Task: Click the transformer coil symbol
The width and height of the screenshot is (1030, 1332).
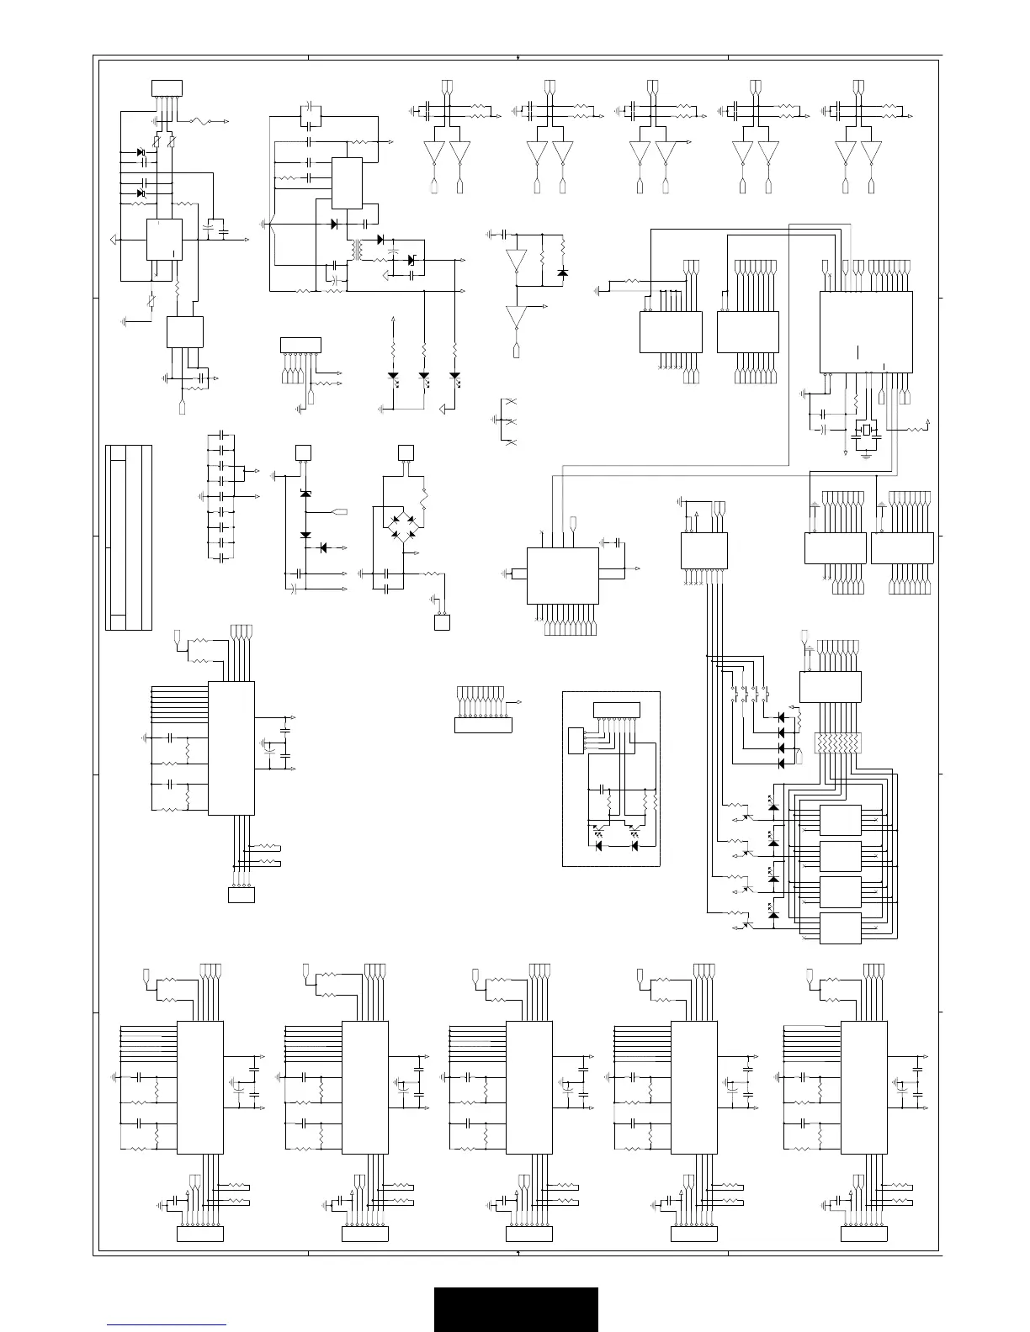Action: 357,249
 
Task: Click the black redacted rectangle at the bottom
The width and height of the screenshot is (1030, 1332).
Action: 516,1309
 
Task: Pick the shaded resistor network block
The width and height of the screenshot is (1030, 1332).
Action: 837,743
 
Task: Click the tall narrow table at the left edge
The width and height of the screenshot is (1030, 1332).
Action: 129,537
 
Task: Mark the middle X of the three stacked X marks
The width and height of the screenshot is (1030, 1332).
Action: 509,421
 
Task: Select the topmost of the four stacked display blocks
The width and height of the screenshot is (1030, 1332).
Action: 840,821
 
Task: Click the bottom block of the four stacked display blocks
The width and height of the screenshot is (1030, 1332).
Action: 840,928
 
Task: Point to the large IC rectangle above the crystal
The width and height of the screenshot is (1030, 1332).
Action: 866,331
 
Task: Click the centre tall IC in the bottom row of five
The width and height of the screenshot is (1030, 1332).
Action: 529,1087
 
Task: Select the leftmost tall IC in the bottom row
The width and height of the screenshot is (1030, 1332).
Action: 200,1087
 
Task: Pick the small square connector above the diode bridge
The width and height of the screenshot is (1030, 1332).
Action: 406,452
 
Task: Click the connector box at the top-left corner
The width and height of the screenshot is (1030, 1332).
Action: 166,88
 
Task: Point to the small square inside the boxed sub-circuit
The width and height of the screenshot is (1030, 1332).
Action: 576,740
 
